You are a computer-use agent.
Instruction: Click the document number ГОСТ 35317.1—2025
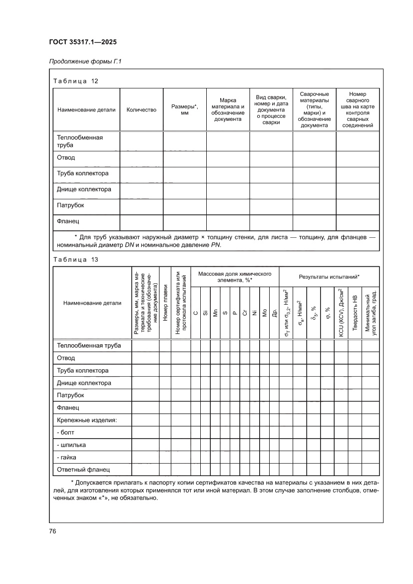point(82,42)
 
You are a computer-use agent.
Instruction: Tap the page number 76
point(52,531)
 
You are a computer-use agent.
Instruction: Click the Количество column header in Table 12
point(141,110)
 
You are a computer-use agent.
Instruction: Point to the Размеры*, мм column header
point(184,110)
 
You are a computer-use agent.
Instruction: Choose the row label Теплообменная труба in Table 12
point(80,141)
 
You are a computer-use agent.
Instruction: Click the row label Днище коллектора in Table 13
point(84,383)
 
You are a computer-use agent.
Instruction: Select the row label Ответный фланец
point(83,469)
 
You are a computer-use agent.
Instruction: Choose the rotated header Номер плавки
point(165,303)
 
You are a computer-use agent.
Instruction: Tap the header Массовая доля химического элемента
point(234,277)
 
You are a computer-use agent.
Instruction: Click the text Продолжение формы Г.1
point(85,62)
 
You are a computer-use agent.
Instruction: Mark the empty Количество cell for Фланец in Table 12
point(141,221)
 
